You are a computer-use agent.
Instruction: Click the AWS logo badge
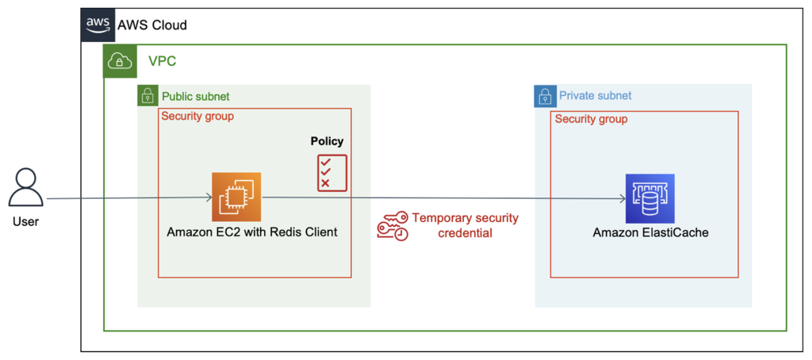(x=98, y=25)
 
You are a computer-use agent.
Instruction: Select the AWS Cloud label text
(x=152, y=25)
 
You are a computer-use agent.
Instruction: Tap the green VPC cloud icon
(x=118, y=60)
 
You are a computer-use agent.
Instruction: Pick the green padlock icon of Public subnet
(x=147, y=96)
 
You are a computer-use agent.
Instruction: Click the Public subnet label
(x=196, y=96)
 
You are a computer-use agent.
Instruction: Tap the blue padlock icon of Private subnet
(x=544, y=96)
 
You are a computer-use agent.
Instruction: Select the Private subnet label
(x=596, y=96)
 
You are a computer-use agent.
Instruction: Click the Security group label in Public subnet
(x=197, y=117)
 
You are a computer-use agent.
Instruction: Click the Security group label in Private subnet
(x=591, y=119)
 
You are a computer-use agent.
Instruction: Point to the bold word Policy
(x=327, y=141)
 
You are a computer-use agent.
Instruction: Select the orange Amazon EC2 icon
(x=236, y=197)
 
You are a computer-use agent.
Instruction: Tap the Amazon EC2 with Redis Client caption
(x=252, y=232)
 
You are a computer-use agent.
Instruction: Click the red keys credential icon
(x=392, y=225)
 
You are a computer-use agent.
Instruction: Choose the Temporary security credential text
(x=465, y=225)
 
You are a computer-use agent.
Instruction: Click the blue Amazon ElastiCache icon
(x=649, y=198)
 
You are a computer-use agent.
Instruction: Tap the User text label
(x=25, y=221)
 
